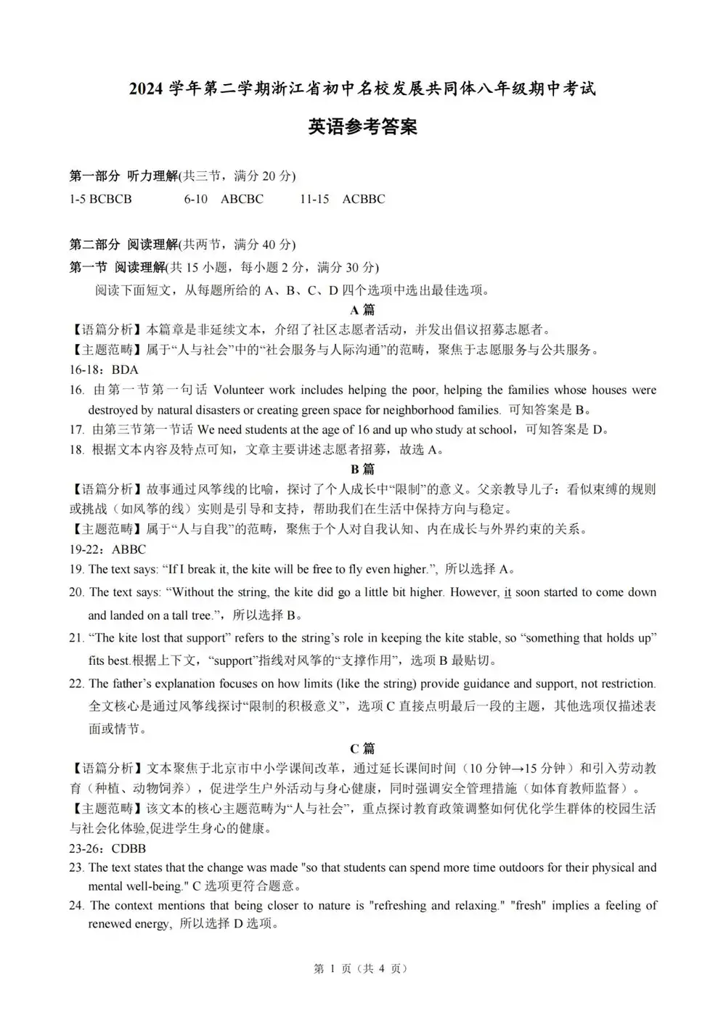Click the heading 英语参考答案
[362, 127]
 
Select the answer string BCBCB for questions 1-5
[110, 199]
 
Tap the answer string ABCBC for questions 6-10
[242, 199]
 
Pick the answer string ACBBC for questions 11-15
[363, 199]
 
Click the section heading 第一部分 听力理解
[123, 176]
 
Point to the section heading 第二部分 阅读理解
[123, 245]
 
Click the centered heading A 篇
[362, 310]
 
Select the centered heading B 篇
[362, 469]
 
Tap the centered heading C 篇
[362, 748]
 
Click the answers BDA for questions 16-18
[125, 369]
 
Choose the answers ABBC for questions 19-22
[129, 549]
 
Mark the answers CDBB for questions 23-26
[129, 848]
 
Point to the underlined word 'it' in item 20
[507, 592]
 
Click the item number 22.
[76, 684]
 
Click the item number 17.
[76, 430]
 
